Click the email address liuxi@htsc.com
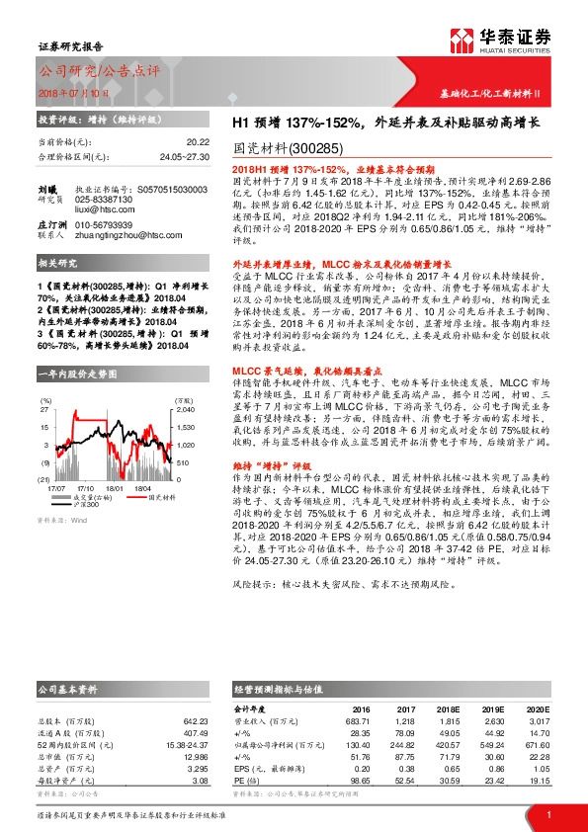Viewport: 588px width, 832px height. click(x=102, y=209)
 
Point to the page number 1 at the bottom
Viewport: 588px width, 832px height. click(x=547, y=813)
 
